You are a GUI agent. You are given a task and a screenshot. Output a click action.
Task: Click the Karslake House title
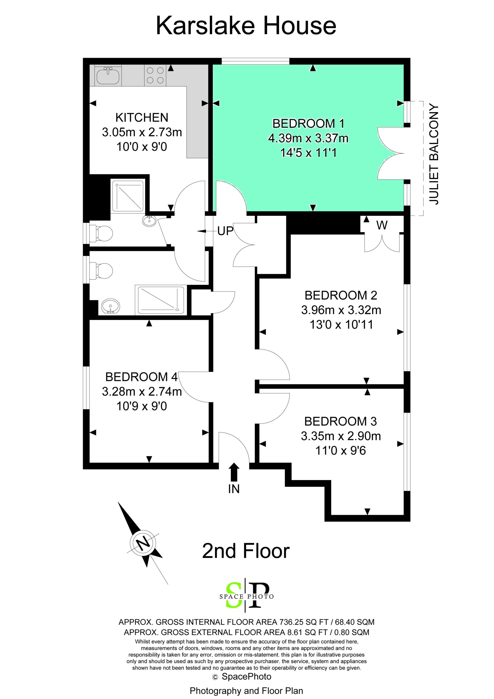click(246, 26)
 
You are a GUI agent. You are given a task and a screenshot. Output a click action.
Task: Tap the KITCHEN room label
click(142, 117)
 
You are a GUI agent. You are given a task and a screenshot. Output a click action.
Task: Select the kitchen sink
click(108, 76)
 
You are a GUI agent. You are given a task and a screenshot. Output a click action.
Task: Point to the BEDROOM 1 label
click(308, 124)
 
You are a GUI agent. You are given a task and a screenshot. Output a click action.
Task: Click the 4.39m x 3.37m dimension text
click(308, 138)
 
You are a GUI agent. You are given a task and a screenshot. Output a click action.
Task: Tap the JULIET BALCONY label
click(433, 154)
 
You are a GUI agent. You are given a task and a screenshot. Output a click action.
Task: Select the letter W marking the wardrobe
click(382, 225)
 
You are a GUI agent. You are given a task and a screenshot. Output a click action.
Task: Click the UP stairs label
click(225, 231)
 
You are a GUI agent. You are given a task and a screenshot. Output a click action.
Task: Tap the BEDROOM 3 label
click(340, 421)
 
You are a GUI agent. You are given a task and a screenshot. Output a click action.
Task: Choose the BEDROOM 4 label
click(142, 377)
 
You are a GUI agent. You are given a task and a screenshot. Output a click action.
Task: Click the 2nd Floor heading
click(246, 551)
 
